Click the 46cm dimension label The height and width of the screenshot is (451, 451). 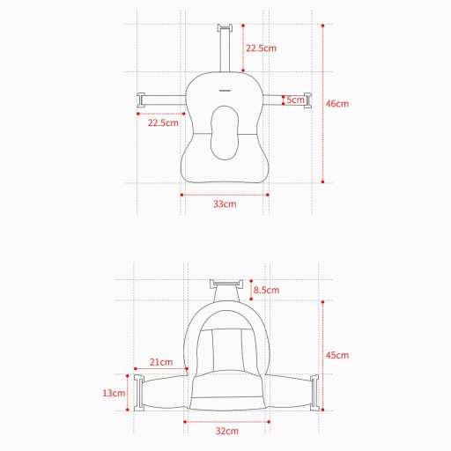click(x=337, y=104)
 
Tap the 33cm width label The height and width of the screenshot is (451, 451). click(x=225, y=203)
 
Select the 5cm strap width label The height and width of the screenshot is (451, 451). click(x=295, y=100)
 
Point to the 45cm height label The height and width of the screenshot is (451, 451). click(x=337, y=355)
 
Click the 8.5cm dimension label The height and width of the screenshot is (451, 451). click(x=266, y=290)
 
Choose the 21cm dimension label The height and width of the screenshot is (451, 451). click(x=161, y=362)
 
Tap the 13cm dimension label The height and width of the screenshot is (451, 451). click(x=114, y=393)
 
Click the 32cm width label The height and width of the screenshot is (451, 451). click(x=227, y=431)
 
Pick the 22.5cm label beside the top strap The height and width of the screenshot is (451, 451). click(x=261, y=48)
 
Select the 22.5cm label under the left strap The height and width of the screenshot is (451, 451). click(x=163, y=122)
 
